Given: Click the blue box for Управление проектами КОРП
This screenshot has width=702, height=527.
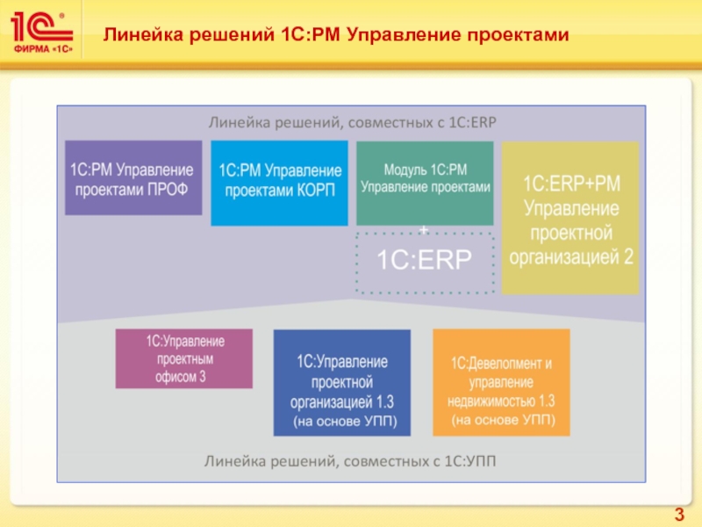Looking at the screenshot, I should point(279,182).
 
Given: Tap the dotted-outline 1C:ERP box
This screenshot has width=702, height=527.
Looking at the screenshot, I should point(425,261).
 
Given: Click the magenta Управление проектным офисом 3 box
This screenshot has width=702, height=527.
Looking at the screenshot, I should point(184,358).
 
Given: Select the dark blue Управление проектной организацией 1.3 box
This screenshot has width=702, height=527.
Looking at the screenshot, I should point(341,382).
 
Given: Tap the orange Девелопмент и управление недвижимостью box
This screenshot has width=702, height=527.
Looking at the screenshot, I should point(501,382).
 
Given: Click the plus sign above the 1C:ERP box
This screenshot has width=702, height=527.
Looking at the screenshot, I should point(425,230).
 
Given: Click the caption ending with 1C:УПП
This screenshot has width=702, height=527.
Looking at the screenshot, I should point(350,460).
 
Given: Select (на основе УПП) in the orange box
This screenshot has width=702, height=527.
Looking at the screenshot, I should point(502,422).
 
